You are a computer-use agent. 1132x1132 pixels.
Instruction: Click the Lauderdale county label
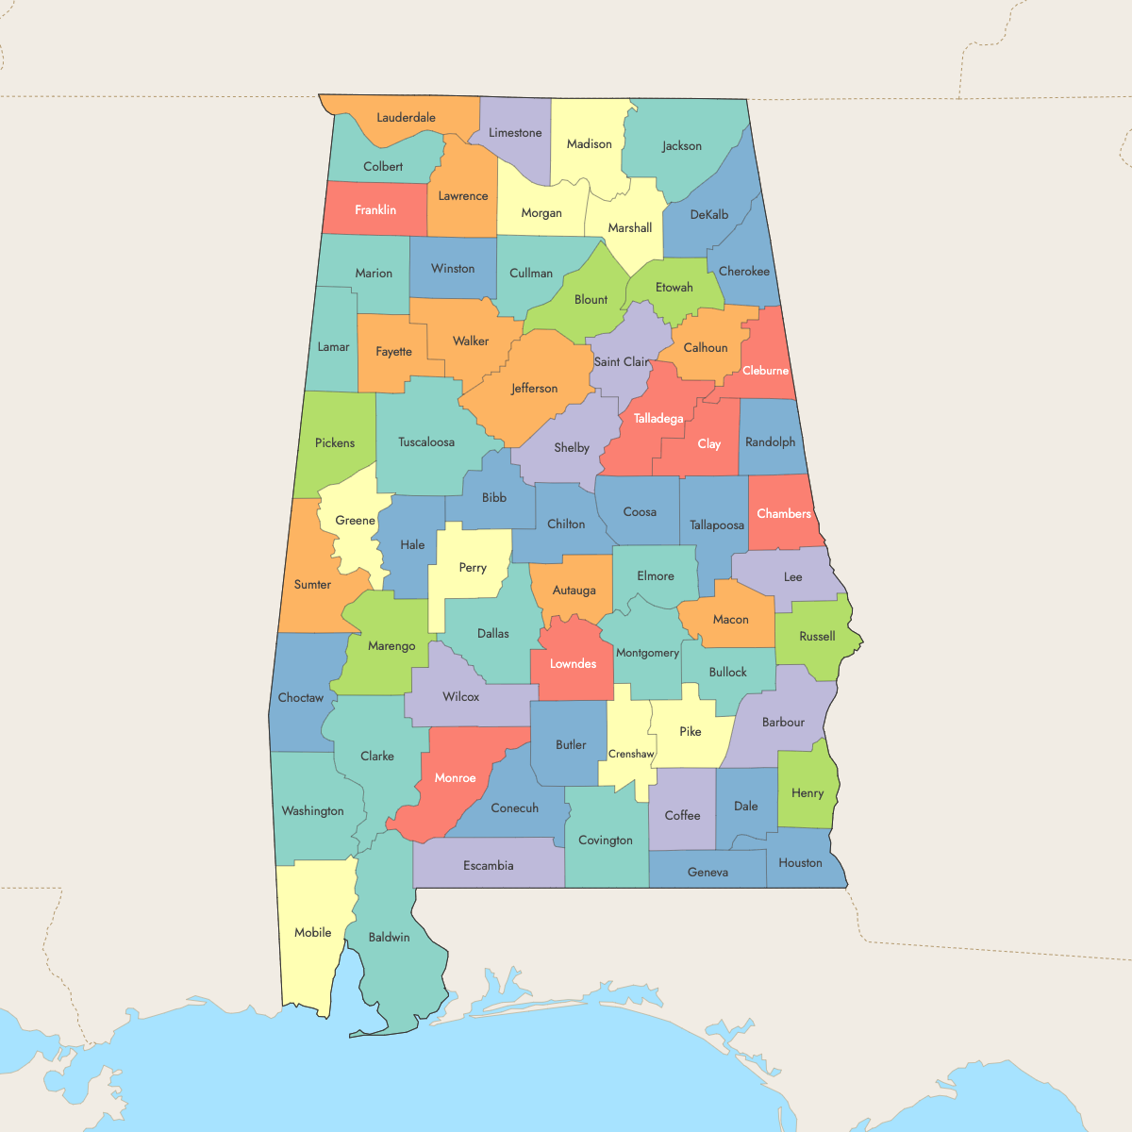(x=406, y=118)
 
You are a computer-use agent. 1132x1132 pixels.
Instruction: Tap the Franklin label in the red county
(x=375, y=209)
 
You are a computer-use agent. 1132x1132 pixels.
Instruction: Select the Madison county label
(x=589, y=144)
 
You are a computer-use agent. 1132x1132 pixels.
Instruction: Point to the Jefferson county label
(x=534, y=389)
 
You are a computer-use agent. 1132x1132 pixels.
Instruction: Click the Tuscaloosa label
(x=426, y=441)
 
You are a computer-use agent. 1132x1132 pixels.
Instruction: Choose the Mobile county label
(x=312, y=932)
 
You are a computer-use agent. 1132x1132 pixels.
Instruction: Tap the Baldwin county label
(x=389, y=937)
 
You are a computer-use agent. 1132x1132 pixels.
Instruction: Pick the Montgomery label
(x=647, y=653)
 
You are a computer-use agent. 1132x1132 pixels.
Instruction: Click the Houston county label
(x=800, y=862)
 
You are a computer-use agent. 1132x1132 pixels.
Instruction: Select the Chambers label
(x=784, y=513)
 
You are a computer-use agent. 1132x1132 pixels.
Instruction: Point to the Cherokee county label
(x=744, y=272)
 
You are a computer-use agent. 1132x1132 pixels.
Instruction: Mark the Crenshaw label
(x=631, y=754)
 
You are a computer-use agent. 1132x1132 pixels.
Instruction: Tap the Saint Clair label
(x=622, y=361)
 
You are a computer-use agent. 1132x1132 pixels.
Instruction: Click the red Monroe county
(x=455, y=778)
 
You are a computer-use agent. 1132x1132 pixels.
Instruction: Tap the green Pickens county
(x=335, y=442)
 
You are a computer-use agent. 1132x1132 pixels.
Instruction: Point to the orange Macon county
(x=730, y=620)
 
